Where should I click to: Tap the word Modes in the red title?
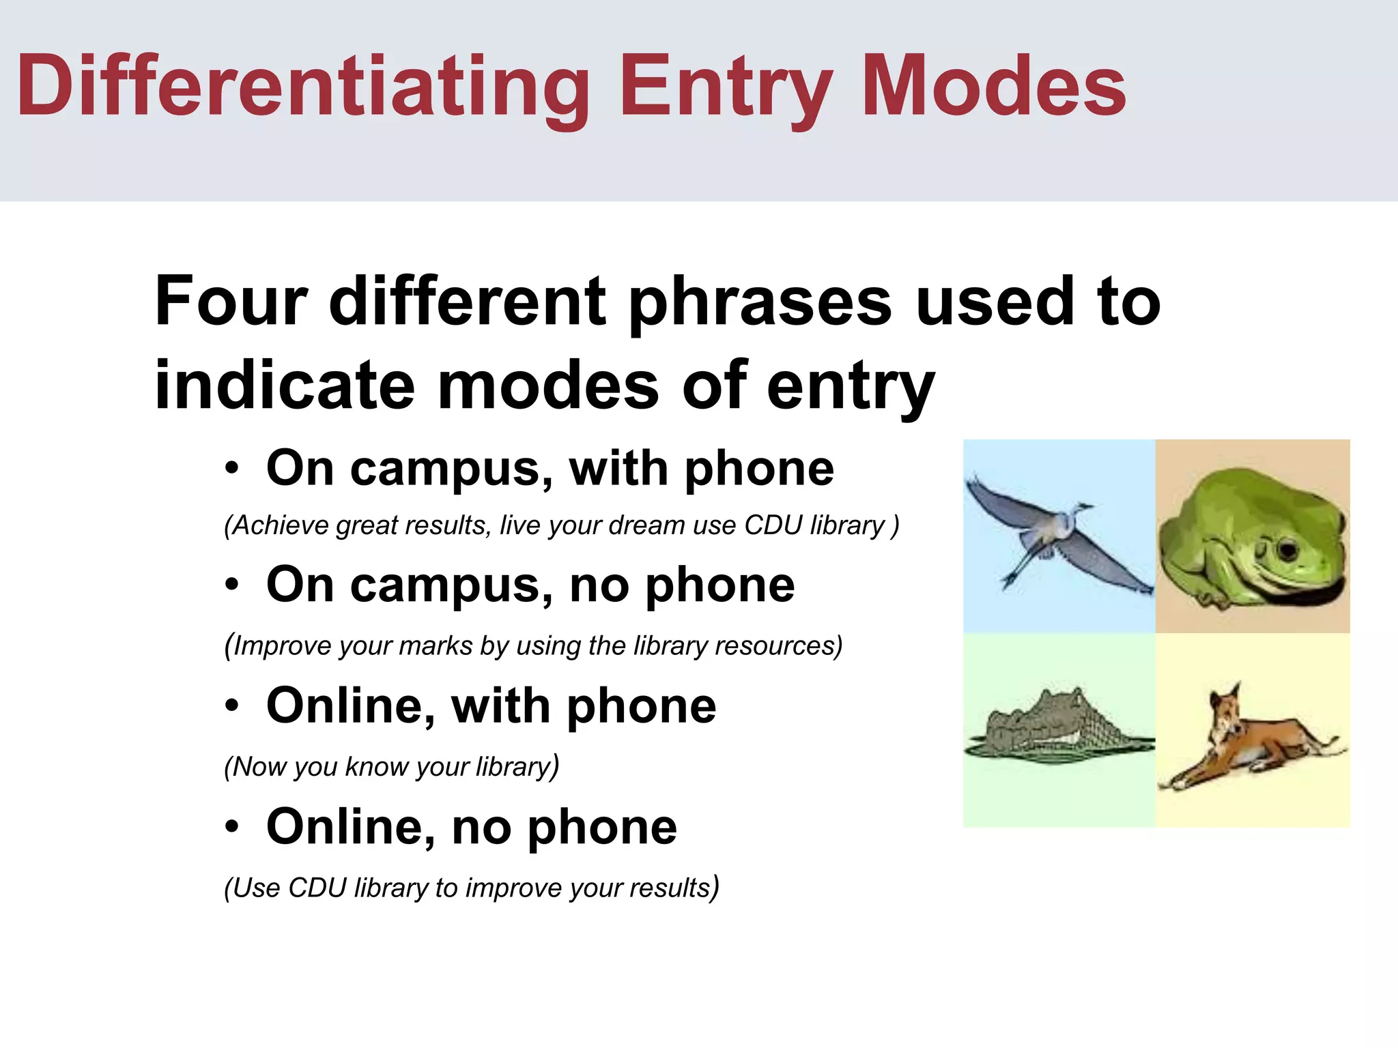coord(994,87)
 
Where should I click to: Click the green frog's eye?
coord(1287,549)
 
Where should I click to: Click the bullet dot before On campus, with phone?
coord(232,469)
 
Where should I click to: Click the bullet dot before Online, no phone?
coord(232,827)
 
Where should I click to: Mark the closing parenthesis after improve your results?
coord(714,888)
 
